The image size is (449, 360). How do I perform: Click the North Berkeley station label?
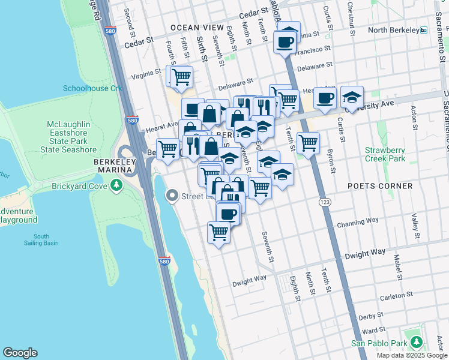coord(393,30)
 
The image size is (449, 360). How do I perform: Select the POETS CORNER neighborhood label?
coord(381,186)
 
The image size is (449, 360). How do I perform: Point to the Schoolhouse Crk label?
coord(92,88)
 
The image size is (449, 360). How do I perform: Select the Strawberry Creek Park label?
coord(385,154)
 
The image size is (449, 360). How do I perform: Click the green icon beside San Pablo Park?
coord(415,343)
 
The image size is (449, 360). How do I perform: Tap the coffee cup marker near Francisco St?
coord(285,42)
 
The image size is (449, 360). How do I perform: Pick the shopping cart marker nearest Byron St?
coord(308,143)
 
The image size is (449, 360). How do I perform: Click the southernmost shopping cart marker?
coord(219,232)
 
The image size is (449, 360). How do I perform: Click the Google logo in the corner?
coord(20,353)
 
